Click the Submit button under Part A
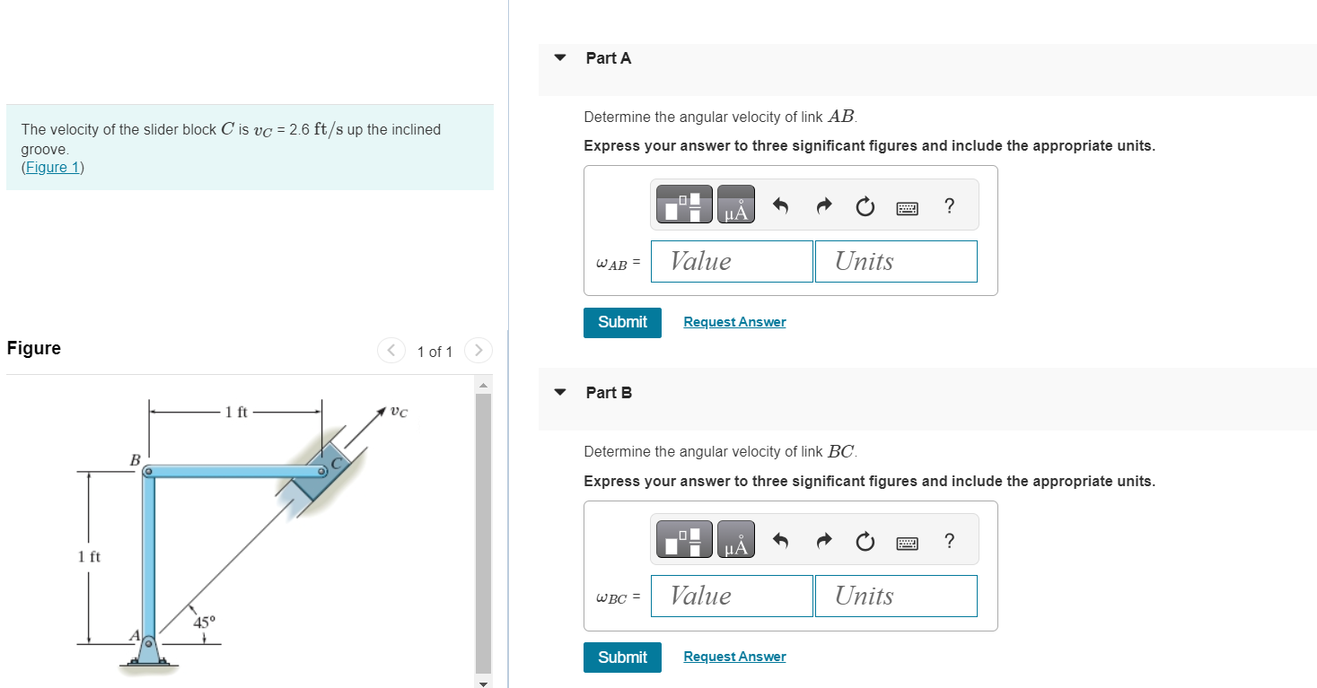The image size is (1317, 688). tap(622, 322)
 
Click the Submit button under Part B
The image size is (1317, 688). tap(622, 658)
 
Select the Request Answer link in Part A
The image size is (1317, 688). tap(734, 322)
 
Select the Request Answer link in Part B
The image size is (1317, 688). tap(734, 658)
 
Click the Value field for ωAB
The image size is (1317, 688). tap(732, 261)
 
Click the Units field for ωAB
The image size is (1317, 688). tap(895, 261)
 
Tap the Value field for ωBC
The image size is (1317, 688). tap(732, 596)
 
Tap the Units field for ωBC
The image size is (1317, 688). tap(895, 596)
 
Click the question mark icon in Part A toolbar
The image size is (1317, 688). tap(950, 207)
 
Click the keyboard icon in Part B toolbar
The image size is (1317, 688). tap(907, 543)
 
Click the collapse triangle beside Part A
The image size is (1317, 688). tap(561, 58)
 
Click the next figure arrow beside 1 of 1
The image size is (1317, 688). tap(479, 350)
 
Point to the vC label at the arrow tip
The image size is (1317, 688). tap(399, 413)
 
